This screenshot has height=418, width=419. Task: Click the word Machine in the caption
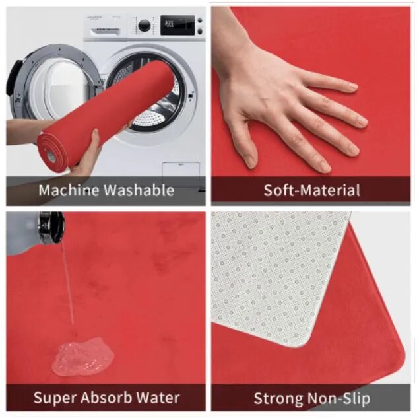(x=69, y=190)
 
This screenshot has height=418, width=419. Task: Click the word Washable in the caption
(x=139, y=190)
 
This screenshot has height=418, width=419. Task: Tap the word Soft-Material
(x=312, y=190)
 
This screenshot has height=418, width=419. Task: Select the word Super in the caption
(x=55, y=398)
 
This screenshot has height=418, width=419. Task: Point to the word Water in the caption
(x=158, y=398)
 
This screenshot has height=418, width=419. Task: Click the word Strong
(x=278, y=398)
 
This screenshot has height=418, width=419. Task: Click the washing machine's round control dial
(x=145, y=26)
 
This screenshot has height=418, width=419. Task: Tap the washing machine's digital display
(x=177, y=25)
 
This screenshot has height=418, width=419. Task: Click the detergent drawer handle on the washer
(x=105, y=32)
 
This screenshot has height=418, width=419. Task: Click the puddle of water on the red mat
(x=82, y=356)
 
